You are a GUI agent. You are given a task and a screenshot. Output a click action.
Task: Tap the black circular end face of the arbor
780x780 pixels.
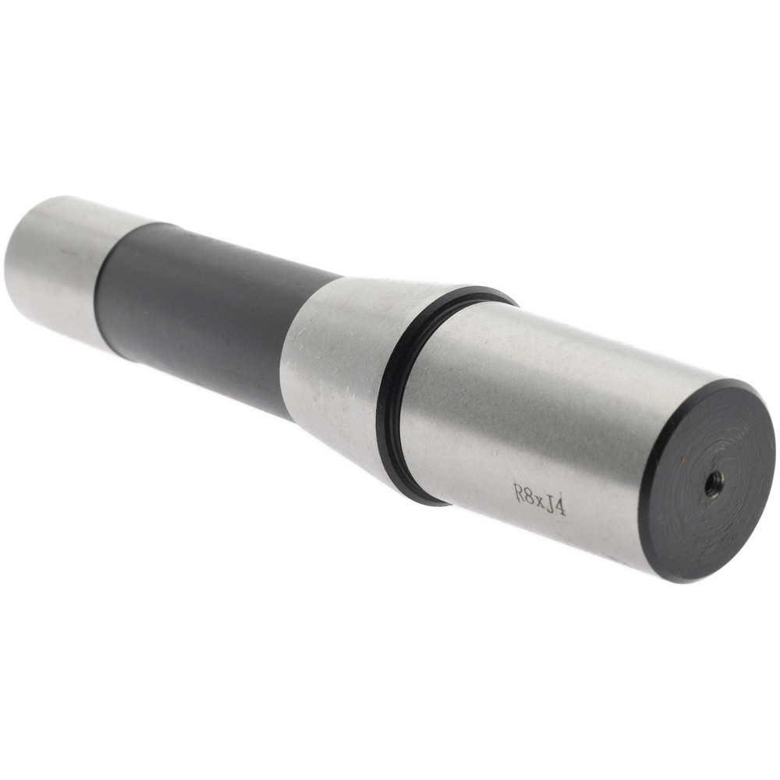pyautogui.click(x=707, y=480)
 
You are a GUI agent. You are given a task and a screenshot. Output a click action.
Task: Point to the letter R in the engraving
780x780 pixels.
pyautogui.click(x=519, y=492)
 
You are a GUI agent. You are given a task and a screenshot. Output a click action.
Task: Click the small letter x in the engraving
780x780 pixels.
pyautogui.click(x=540, y=500)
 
